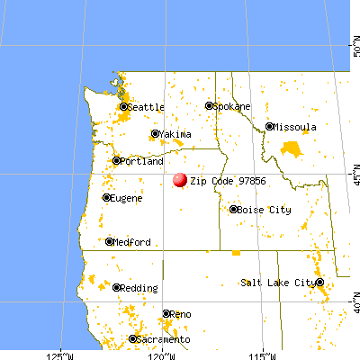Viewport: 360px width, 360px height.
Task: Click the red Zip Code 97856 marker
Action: coord(179,180)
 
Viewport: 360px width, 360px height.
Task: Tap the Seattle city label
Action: coord(146,107)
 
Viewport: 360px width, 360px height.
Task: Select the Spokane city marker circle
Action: coord(210,106)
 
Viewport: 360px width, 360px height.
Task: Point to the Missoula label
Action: coord(296,127)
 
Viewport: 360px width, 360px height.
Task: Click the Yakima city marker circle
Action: coord(155,134)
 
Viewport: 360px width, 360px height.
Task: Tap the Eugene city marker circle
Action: coord(107,198)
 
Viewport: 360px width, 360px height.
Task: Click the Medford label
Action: coord(131,242)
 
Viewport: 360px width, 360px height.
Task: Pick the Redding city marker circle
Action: coord(117,288)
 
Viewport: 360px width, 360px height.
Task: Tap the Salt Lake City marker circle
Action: coord(319,283)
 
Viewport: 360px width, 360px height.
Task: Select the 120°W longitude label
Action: coord(162,354)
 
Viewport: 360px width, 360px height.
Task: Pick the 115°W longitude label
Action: coord(263,354)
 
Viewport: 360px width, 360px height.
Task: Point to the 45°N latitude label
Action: coord(354,170)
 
